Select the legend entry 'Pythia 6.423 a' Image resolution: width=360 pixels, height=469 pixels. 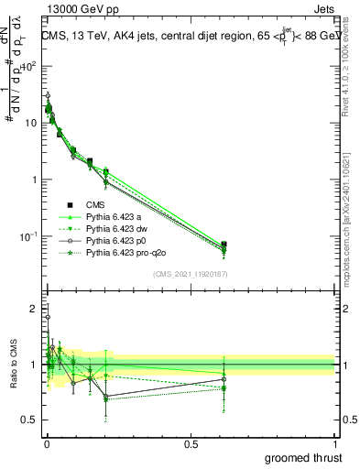(x=115, y=217)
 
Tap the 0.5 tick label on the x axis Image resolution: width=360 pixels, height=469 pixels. (x=191, y=443)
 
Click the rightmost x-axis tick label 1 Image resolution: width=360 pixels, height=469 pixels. (x=335, y=443)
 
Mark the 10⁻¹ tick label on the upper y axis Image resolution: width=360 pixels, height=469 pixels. (x=27, y=236)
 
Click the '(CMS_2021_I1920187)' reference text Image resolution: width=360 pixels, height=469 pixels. (x=190, y=274)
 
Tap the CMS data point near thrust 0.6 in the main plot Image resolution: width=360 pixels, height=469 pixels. (x=224, y=245)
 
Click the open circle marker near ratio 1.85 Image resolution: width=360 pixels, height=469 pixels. (x=48, y=318)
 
